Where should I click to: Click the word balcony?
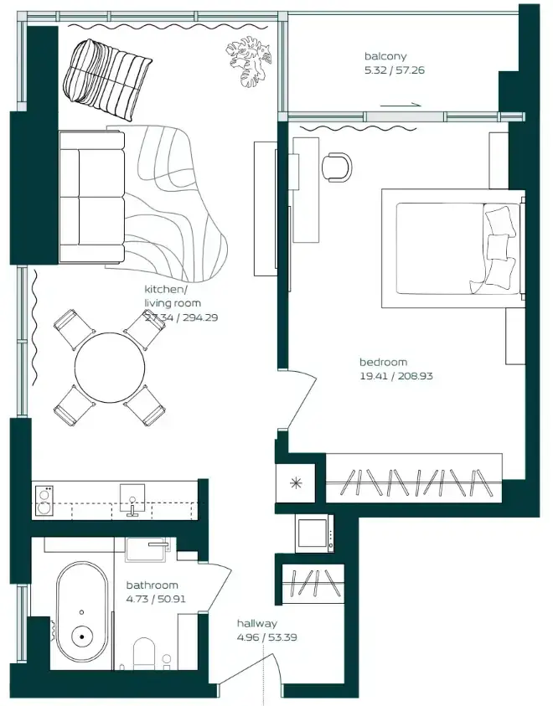(385, 57)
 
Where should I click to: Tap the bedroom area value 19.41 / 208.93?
(396, 376)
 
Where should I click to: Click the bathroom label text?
(152, 585)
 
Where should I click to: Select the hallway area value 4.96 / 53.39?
(267, 637)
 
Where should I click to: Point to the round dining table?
(110, 368)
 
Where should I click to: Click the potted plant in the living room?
(249, 62)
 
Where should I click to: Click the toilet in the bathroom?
(144, 653)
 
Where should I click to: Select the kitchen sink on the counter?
(132, 499)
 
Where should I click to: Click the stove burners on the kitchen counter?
(44, 501)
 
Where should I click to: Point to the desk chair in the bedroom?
(336, 167)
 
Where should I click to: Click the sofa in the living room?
(92, 197)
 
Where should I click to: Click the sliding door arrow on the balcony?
(401, 105)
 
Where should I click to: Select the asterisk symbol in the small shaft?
(296, 483)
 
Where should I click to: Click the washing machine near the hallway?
(315, 533)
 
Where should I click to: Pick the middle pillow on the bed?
(498, 247)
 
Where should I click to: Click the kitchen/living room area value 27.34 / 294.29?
(182, 317)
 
